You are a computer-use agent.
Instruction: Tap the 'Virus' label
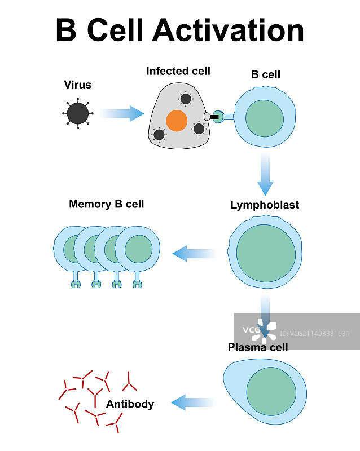(x=77, y=85)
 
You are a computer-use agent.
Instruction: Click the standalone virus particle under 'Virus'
(x=78, y=114)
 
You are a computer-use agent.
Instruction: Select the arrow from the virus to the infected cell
(x=122, y=113)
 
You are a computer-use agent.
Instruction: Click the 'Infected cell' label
(x=178, y=71)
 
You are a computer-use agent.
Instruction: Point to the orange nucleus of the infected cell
(x=177, y=121)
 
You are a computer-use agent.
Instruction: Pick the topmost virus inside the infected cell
(x=186, y=99)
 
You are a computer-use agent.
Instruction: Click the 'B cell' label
(x=265, y=74)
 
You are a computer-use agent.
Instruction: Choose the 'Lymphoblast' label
(x=265, y=205)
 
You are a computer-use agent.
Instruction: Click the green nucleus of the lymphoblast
(x=266, y=252)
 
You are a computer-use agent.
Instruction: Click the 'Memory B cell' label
(x=106, y=204)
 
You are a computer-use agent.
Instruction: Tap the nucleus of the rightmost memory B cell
(x=138, y=249)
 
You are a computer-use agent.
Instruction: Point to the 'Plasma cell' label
(x=258, y=347)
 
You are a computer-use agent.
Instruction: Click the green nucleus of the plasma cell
(x=271, y=392)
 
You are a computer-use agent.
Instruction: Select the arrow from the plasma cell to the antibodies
(x=192, y=403)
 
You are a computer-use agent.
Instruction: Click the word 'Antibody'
(x=130, y=404)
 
